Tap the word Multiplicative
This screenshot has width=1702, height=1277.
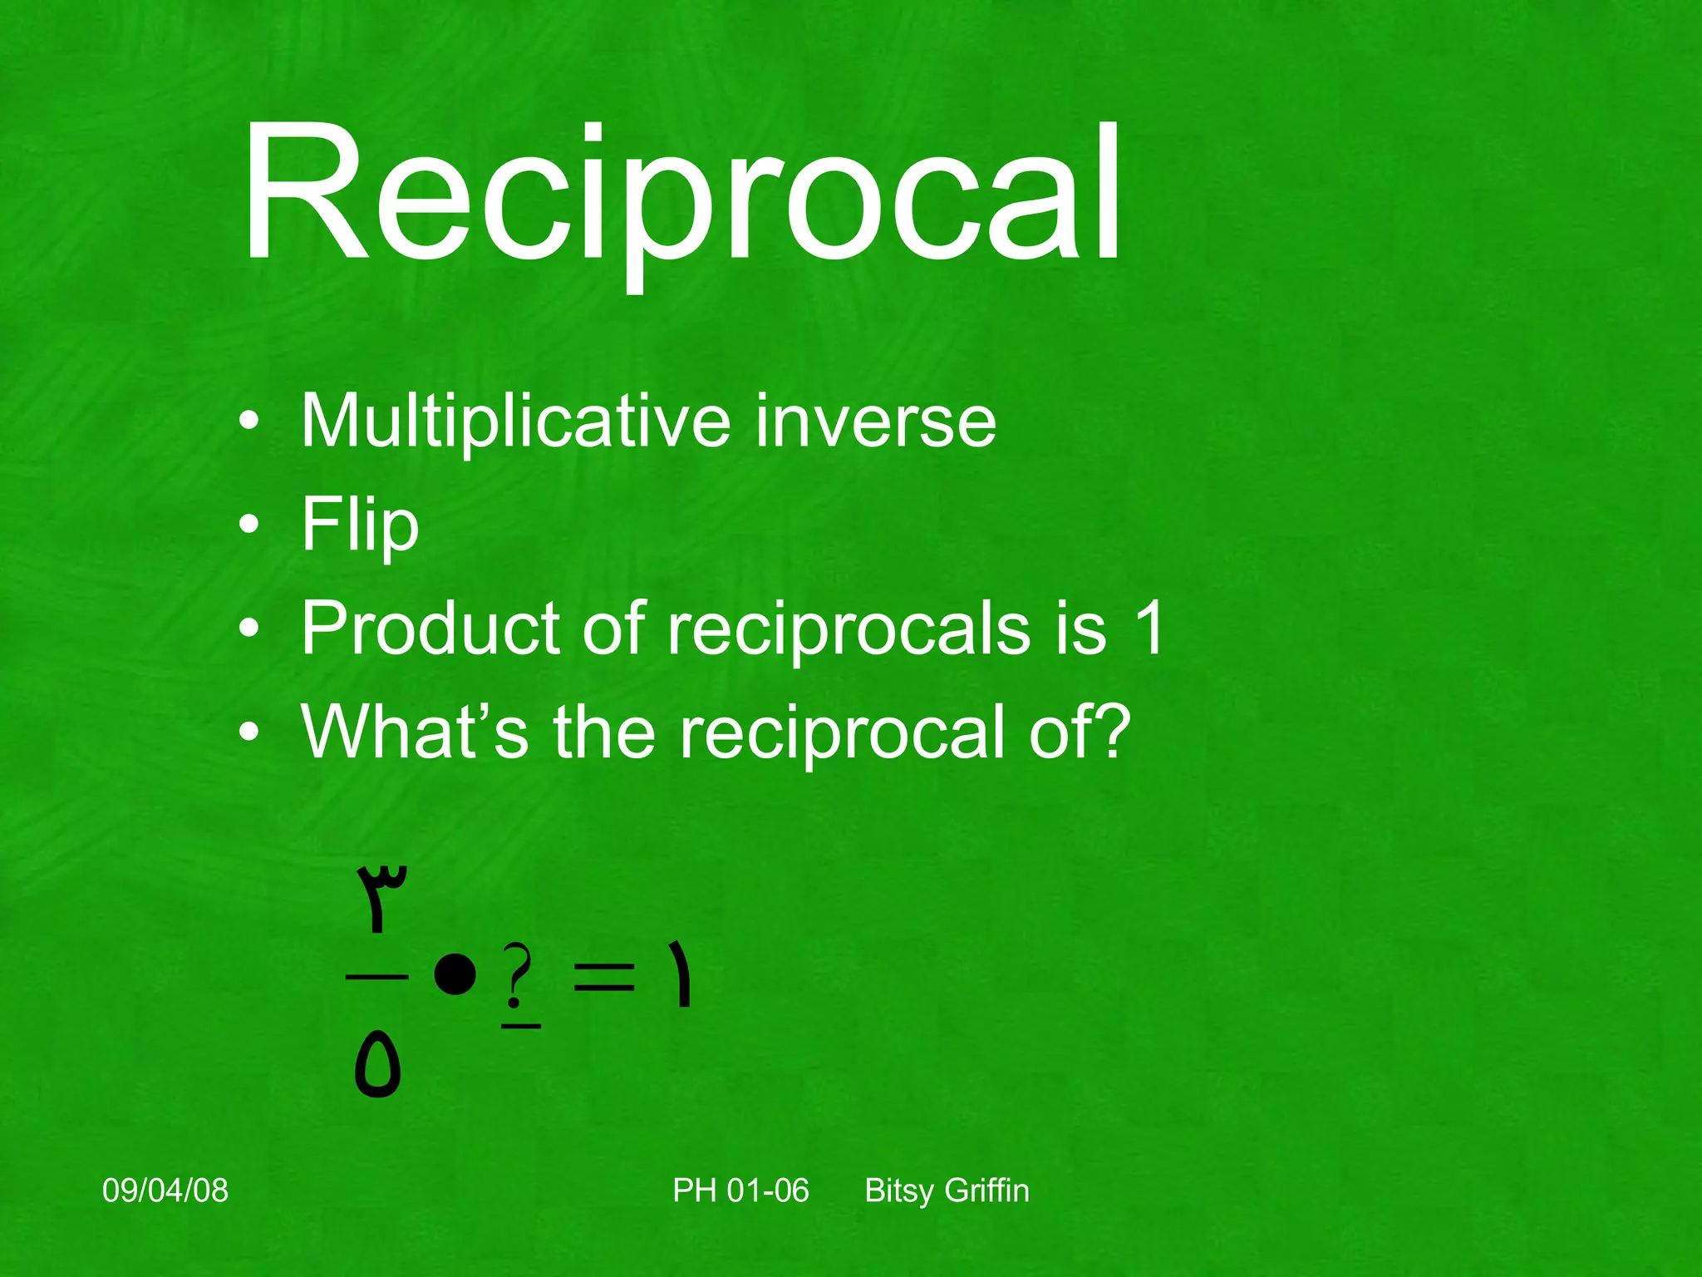coord(515,422)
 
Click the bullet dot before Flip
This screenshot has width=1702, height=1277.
coord(248,525)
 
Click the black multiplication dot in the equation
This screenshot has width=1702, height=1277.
coord(455,974)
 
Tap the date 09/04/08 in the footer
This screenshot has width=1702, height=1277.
coord(165,1191)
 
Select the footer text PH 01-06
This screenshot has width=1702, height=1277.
coord(740,1191)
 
